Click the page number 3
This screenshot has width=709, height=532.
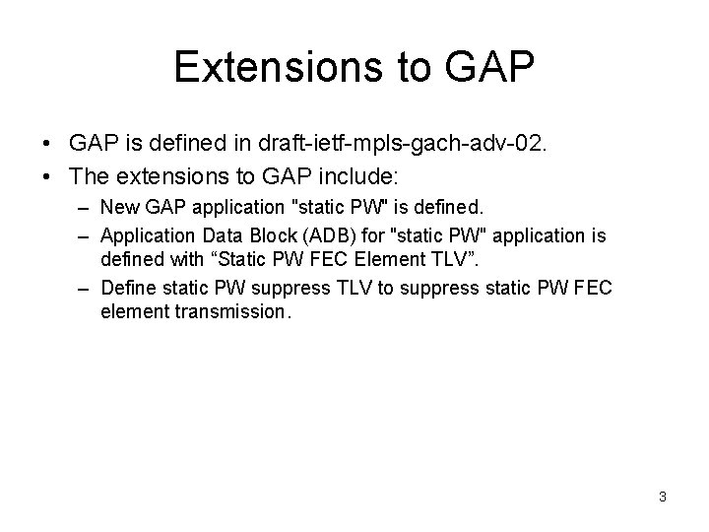point(663,497)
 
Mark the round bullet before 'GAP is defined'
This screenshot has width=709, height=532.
point(48,145)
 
